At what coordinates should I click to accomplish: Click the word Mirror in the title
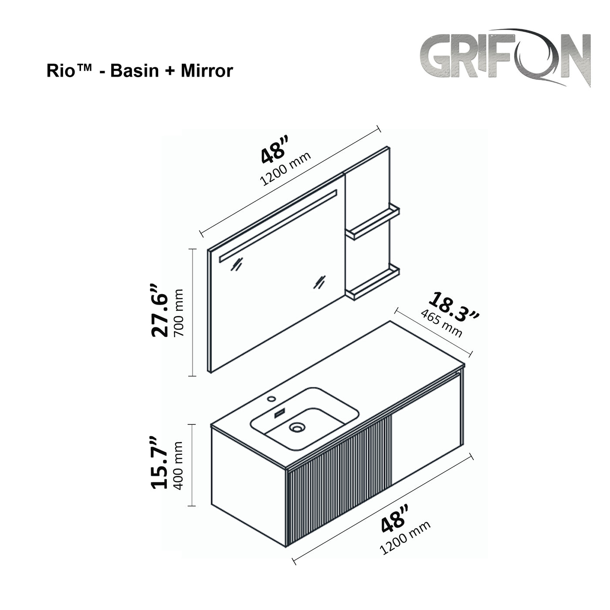coord(207,71)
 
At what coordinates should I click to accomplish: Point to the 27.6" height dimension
coord(159,311)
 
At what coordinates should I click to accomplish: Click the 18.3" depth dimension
coord(454,308)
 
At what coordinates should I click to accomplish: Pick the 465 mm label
coord(441,323)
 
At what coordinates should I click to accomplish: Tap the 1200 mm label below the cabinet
coord(405,537)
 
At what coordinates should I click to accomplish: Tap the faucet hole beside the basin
coord(272,398)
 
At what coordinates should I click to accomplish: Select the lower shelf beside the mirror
coord(373,282)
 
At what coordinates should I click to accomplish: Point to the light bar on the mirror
coord(278,226)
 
